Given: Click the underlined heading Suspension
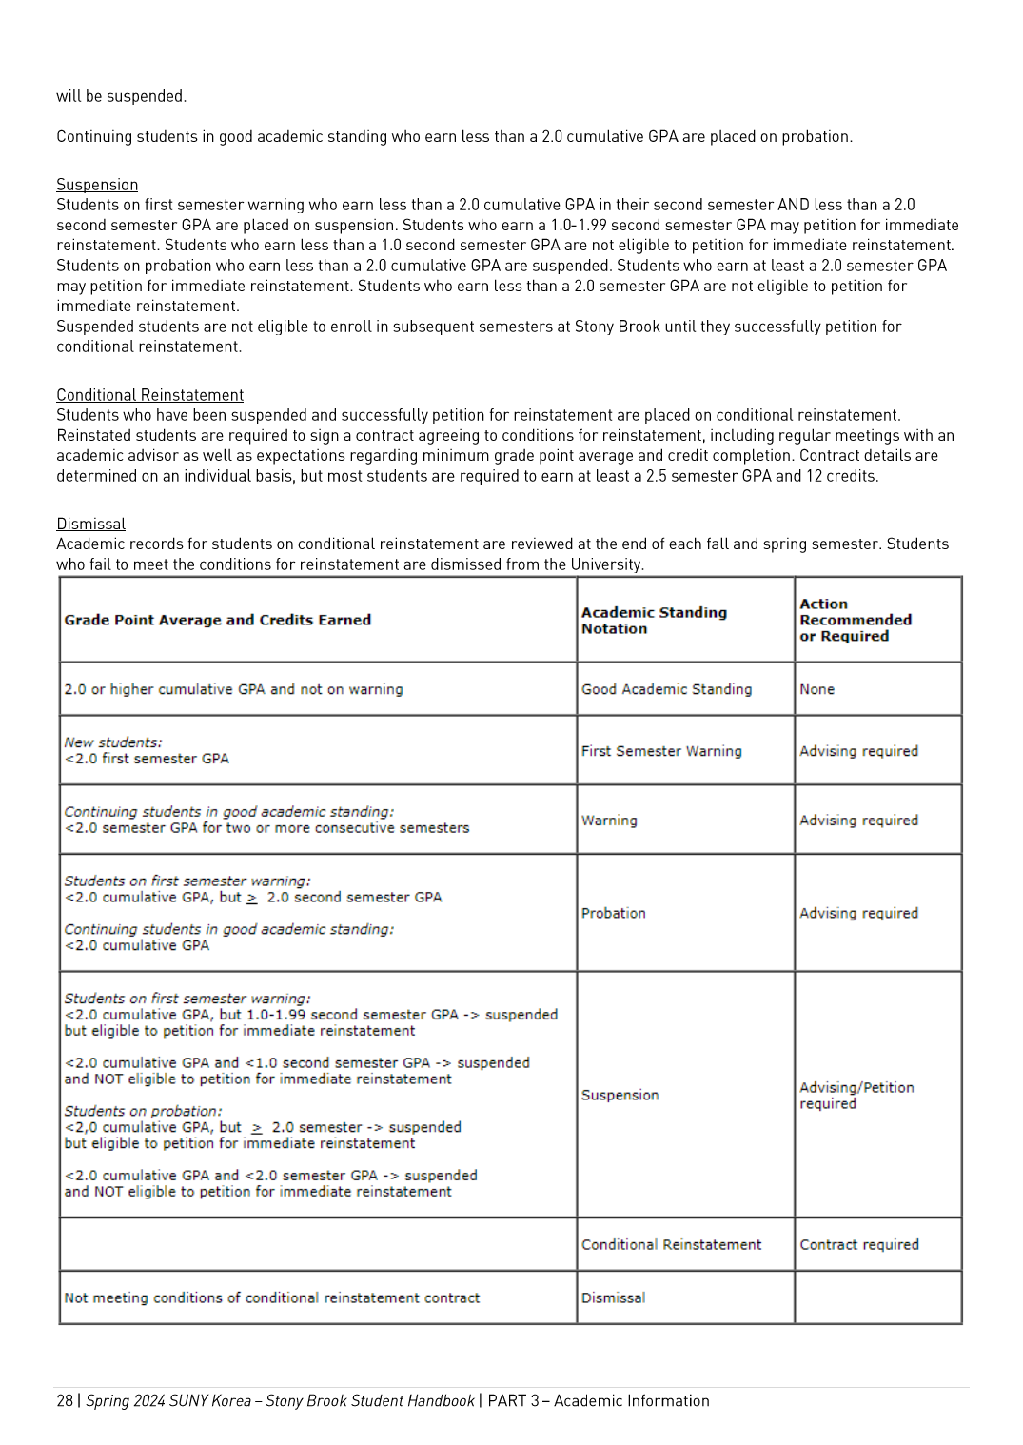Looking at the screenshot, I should tap(97, 185).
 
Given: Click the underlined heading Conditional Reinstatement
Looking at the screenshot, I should tap(149, 395).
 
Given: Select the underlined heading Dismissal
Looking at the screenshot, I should tap(90, 524).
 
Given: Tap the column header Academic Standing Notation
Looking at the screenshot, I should tap(654, 621).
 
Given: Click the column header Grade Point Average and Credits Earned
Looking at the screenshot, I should tap(218, 620).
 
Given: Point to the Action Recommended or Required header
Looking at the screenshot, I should tap(856, 620).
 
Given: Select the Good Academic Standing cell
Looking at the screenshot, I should tap(666, 689).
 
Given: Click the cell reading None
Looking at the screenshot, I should tap(816, 689).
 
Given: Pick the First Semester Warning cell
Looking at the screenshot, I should tap(661, 751).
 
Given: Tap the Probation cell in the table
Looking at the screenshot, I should tap(614, 913).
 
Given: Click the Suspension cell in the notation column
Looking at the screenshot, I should tap(620, 1095).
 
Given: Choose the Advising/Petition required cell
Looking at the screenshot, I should tap(856, 1096).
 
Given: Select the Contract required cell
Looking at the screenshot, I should tap(859, 1244).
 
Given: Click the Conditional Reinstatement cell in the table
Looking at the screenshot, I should tap(671, 1244).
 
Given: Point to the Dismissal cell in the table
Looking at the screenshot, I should tap(614, 1297).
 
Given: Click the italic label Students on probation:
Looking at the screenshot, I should tap(143, 1111).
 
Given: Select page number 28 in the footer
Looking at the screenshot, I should tap(65, 1400).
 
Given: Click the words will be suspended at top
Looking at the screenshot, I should tap(121, 96).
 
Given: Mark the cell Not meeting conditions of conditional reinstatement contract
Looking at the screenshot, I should tap(272, 1297).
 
